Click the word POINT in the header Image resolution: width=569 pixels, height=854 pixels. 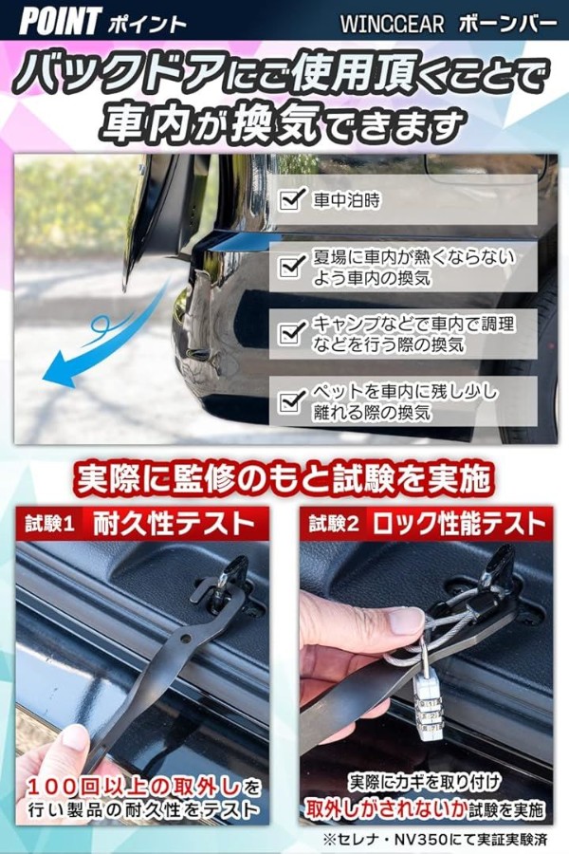coord(60,21)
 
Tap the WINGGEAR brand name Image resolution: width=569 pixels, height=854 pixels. coord(392,24)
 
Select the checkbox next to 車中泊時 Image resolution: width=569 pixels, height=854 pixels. coord(291,199)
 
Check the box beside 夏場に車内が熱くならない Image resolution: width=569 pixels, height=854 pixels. coord(291,267)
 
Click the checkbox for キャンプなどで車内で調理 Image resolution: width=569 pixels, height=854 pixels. coord(291,333)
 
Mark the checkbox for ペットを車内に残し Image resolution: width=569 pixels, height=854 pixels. coord(291,400)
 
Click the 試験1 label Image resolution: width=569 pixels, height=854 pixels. coord(49,525)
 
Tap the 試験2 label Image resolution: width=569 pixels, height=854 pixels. coord(335,525)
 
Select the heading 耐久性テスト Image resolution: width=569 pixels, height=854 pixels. coord(174,524)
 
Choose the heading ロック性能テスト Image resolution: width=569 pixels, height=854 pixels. coord(459,524)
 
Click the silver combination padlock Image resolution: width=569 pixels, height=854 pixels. coord(430,702)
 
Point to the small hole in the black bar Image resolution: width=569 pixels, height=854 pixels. coord(186,638)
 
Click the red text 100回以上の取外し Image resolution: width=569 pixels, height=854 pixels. coord(135,787)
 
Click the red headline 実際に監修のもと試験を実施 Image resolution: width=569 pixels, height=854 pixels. coord(284,479)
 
